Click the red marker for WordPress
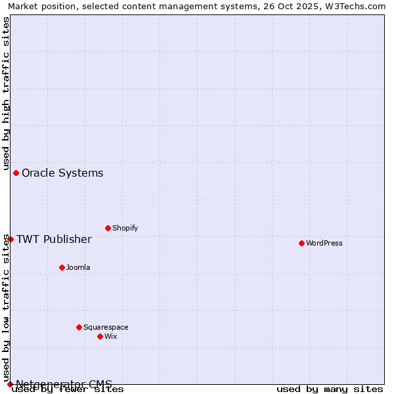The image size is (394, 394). click(301, 243)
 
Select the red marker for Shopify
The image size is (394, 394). click(108, 228)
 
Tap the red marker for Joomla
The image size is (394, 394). click(62, 267)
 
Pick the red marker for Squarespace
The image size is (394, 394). click(79, 327)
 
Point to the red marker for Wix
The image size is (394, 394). click(100, 336)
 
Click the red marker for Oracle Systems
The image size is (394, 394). click(16, 173)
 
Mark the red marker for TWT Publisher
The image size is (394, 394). click(11, 239)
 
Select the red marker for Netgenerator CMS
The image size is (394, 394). click(10, 384)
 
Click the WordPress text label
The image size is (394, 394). click(324, 243)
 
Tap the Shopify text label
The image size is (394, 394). click(125, 228)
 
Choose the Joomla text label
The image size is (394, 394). click(78, 267)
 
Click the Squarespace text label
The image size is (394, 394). click(106, 327)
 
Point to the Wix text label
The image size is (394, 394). click(111, 336)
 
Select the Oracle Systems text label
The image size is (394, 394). click(62, 173)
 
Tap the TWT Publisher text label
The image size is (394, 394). click(54, 239)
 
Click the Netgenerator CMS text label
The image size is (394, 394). click(64, 383)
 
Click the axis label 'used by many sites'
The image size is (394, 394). click(330, 389)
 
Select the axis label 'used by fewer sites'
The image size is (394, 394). click(68, 389)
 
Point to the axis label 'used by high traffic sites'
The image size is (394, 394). click(6, 93)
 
